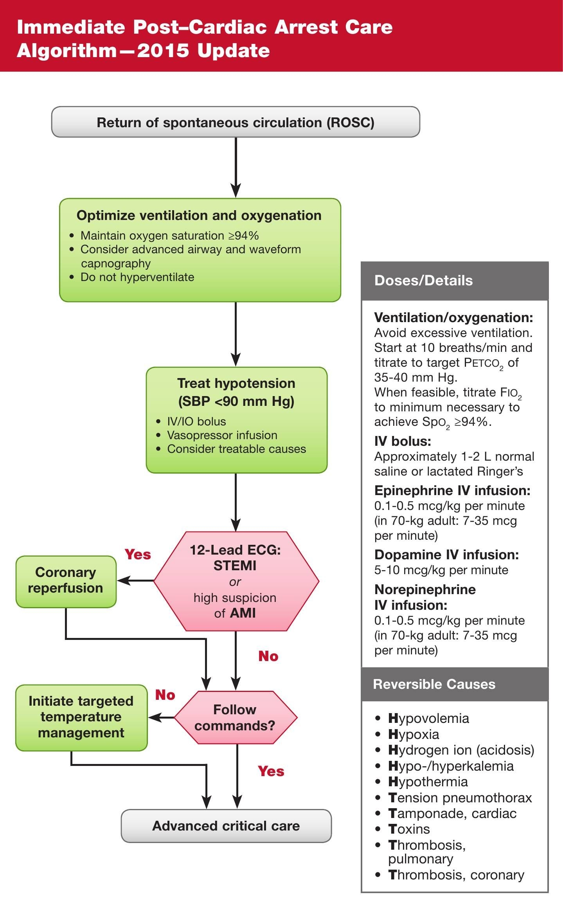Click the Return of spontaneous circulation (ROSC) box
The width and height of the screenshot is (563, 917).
click(x=236, y=122)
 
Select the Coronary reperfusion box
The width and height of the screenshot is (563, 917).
click(x=66, y=581)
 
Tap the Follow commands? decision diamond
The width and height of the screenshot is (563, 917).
click(x=235, y=717)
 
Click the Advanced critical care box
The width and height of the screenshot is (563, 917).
click(x=226, y=826)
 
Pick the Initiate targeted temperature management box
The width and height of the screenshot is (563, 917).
click(x=81, y=717)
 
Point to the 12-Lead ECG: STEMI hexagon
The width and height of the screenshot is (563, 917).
click(x=236, y=581)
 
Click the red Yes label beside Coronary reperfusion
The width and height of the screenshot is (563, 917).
click(x=138, y=555)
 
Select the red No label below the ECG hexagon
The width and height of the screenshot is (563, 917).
click(x=268, y=656)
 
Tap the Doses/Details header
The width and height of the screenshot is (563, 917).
click(x=424, y=281)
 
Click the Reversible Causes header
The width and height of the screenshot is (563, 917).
click(x=434, y=684)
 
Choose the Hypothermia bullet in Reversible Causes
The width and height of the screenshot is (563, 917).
click(x=428, y=782)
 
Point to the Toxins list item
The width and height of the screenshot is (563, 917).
click(x=409, y=829)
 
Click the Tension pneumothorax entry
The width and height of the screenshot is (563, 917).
click(x=460, y=798)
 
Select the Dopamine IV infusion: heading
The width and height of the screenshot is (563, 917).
click(x=446, y=555)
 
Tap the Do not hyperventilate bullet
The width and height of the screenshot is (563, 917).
click(x=137, y=277)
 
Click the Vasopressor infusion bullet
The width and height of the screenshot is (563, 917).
click(x=222, y=435)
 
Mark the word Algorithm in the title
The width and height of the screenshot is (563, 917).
click(x=67, y=51)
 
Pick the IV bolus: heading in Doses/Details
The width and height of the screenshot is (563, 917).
click(x=403, y=441)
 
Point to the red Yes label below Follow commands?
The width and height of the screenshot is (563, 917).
click(x=271, y=771)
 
